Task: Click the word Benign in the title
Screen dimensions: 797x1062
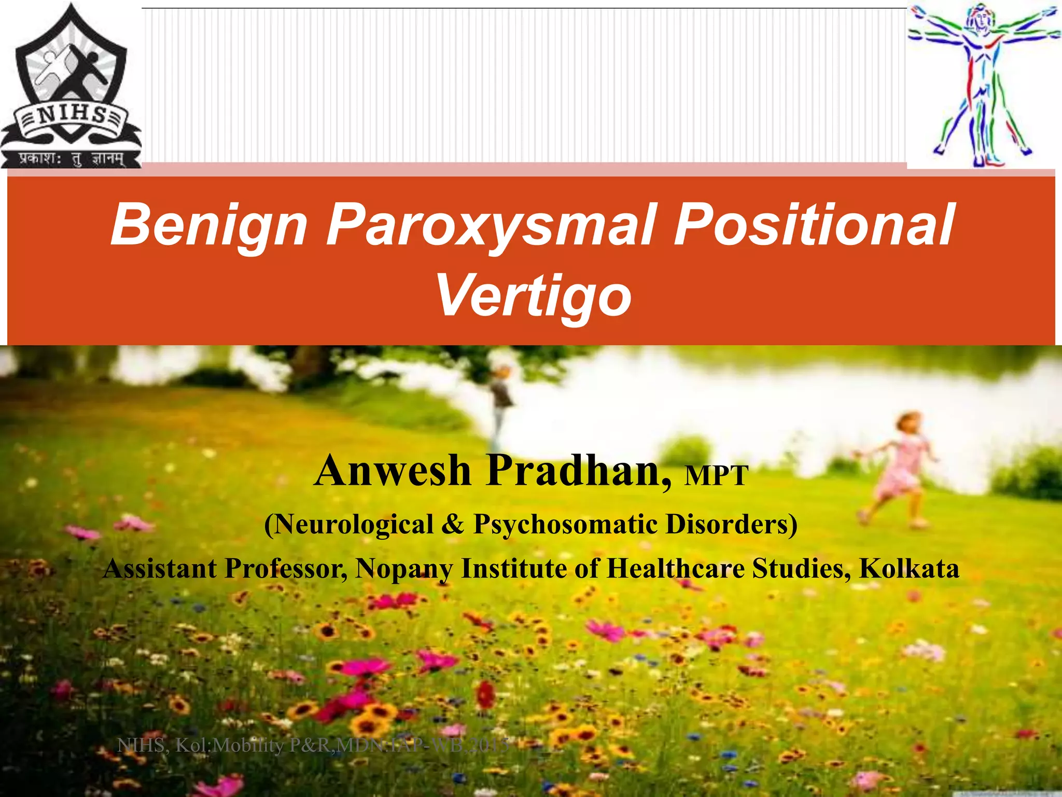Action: click(209, 225)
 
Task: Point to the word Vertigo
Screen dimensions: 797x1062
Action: click(534, 296)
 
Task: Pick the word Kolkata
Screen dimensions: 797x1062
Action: click(909, 568)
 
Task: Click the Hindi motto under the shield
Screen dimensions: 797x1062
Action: click(71, 158)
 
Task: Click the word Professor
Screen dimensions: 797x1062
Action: click(286, 568)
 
